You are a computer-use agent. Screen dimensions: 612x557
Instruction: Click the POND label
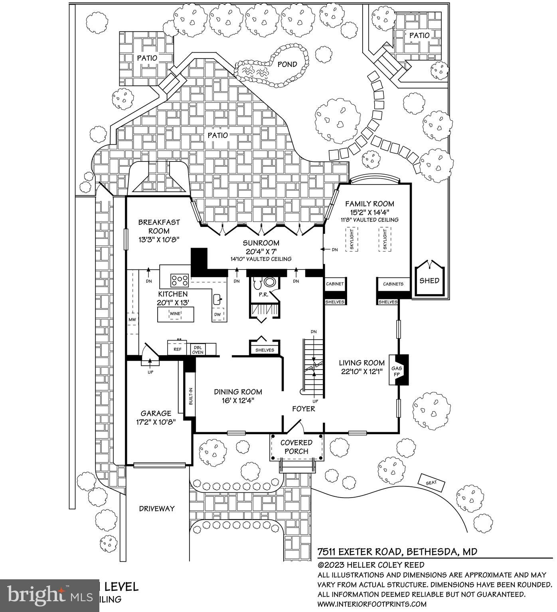pyautogui.click(x=287, y=64)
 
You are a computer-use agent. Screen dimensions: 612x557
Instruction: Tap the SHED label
pyautogui.click(x=429, y=281)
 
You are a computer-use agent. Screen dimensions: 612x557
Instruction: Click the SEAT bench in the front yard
pyautogui.click(x=431, y=482)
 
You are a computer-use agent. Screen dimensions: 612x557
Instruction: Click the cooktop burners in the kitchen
pyautogui.click(x=180, y=280)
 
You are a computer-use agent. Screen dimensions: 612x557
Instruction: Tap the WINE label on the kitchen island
pyautogui.click(x=175, y=314)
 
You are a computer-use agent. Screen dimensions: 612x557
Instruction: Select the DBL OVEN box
pyautogui.click(x=198, y=349)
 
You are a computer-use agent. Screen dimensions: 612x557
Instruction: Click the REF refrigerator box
pyautogui.click(x=178, y=349)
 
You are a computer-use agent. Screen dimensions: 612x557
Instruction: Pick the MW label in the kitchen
pyautogui.click(x=132, y=320)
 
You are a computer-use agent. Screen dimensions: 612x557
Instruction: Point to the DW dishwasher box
pyautogui.click(x=217, y=315)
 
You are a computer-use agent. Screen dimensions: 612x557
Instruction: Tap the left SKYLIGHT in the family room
pyautogui.click(x=352, y=239)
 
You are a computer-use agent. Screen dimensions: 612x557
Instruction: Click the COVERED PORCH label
pyautogui.click(x=296, y=447)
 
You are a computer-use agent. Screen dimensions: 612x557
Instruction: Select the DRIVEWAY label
pyautogui.click(x=157, y=508)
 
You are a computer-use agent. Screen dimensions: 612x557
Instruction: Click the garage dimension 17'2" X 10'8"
pyautogui.click(x=156, y=421)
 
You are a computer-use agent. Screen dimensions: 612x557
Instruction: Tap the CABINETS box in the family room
pyautogui.click(x=393, y=284)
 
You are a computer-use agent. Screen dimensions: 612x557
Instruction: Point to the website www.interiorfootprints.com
pyautogui.click(x=371, y=604)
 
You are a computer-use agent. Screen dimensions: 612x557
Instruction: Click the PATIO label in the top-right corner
pyautogui.click(x=419, y=35)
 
